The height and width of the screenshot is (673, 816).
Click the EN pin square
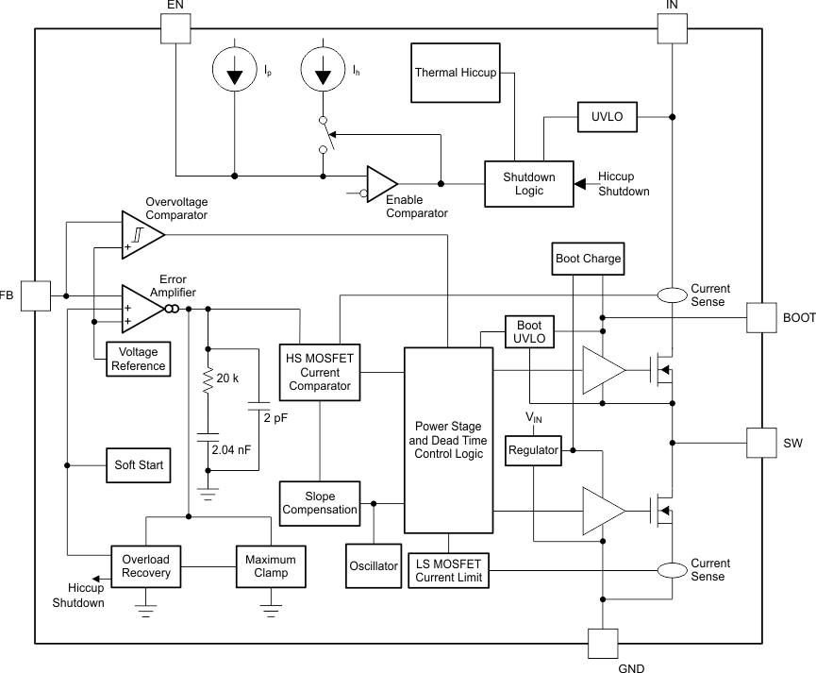[x=175, y=28]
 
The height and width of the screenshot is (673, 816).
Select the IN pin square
[x=671, y=28]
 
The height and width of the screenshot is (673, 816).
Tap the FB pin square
[x=35, y=295]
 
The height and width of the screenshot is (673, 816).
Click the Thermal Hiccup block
[x=455, y=73]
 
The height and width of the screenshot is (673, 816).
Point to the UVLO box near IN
[x=607, y=117]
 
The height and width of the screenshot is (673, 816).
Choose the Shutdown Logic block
[x=528, y=183]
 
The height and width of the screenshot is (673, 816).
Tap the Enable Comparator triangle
[x=381, y=184]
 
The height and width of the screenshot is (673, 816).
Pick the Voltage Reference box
[x=139, y=359]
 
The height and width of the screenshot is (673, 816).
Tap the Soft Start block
[x=138, y=465]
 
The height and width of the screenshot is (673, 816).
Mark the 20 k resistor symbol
[x=207, y=379]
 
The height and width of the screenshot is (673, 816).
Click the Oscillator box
[x=374, y=565]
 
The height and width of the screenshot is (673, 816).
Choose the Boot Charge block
[x=588, y=259]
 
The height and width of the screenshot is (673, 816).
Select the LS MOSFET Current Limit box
[x=448, y=571]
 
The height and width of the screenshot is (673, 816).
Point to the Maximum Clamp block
[x=271, y=565]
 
